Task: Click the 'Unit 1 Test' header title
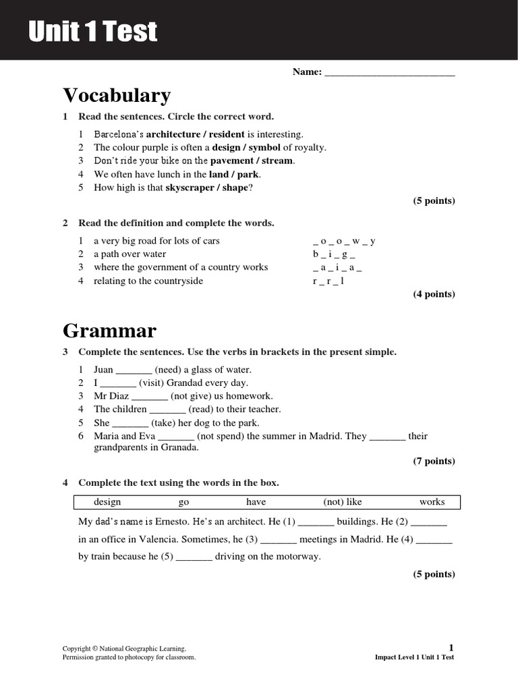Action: point(93,31)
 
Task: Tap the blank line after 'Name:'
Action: point(390,72)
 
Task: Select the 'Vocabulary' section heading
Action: point(117,95)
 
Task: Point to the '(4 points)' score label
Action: point(434,294)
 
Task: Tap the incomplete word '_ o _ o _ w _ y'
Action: point(344,241)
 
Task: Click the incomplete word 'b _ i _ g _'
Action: point(334,254)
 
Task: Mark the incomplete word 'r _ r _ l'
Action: point(328,281)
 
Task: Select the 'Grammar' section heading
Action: point(109,331)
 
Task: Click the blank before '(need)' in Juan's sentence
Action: point(134,370)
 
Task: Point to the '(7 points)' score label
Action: point(434,462)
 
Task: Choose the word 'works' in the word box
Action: point(432,502)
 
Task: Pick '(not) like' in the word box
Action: point(343,502)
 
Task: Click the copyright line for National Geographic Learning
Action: point(124,648)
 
